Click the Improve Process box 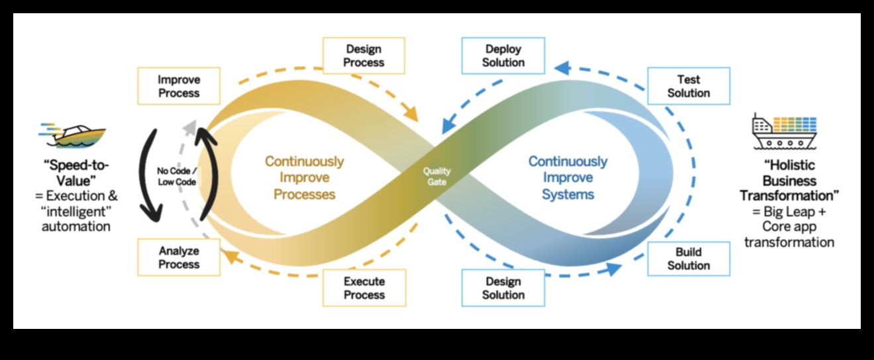[179, 86]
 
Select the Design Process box [364, 56]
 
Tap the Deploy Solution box [504, 56]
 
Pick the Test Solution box [689, 86]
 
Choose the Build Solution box [689, 259]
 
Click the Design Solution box [504, 288]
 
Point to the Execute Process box [364, 288]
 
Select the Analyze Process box [179, 257]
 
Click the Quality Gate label [436, 176]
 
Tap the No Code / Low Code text [176, 176]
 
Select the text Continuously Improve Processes [305, 177]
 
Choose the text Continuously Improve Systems [567, 177]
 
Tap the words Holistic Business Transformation [788, 181]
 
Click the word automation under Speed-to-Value [76, 226]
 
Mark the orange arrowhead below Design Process [412, 116]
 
